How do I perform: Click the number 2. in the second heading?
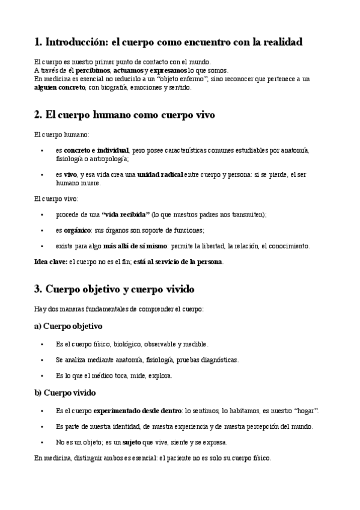[x=38, y=114]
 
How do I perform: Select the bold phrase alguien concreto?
[x=59, y=87]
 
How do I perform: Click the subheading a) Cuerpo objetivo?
[x=69, y=327]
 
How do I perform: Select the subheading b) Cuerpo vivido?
[x=66, y=393]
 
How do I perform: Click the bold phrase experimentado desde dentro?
[x=138, y=410]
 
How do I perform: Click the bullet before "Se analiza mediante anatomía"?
[x=41, y=360]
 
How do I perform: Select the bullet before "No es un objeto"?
[x=41, y=442]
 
